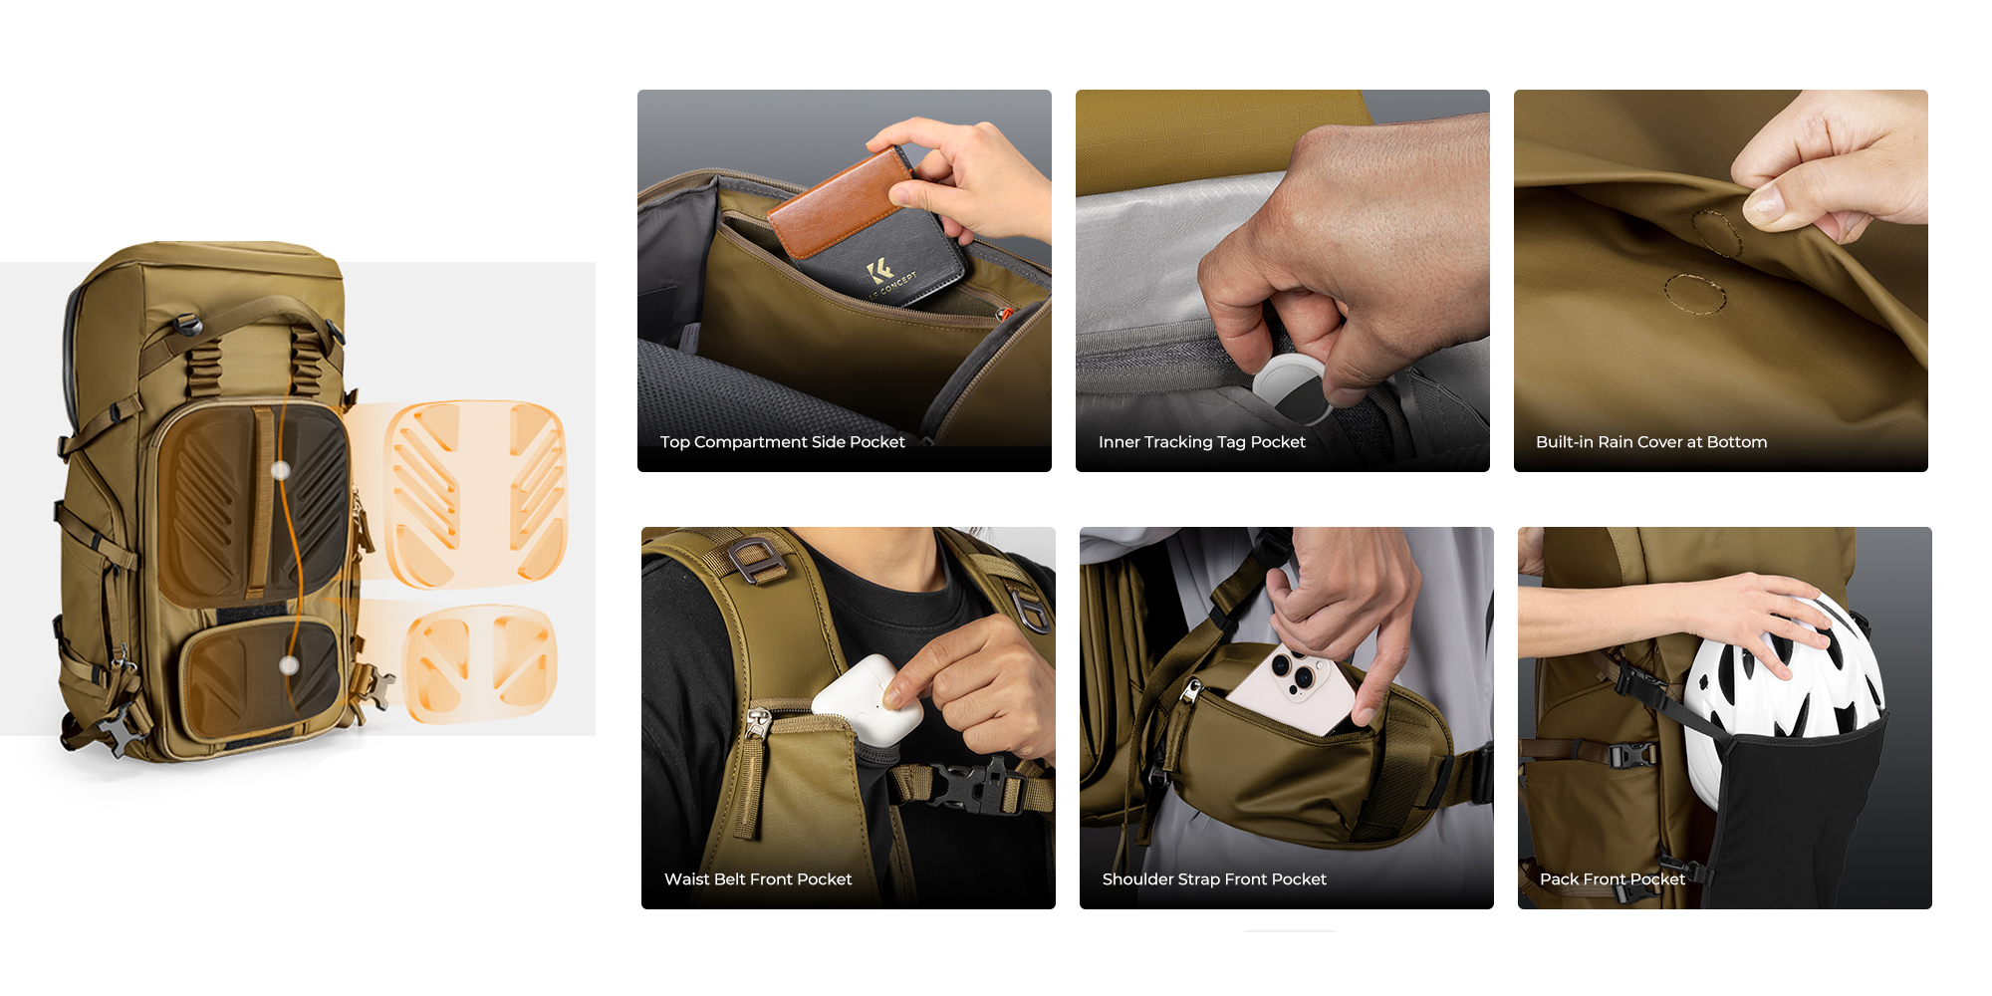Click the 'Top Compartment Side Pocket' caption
[x=782, y=442]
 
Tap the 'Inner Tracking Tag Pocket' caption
[x=1201, y=442]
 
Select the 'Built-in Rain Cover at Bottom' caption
[x=1651, y=442]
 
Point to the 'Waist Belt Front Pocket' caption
[x=758, y=879]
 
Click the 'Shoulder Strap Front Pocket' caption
[x=1214, y=879]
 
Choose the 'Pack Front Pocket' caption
[x=1613, y=879]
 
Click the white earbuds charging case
[x=861, y=701]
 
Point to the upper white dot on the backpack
[x=281, y=470]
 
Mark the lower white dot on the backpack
[x=289, y=665]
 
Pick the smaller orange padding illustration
[x=480, y=661]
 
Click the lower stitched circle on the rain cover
[x=1694, y=294]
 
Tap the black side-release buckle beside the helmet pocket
[x=1632, y=755]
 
